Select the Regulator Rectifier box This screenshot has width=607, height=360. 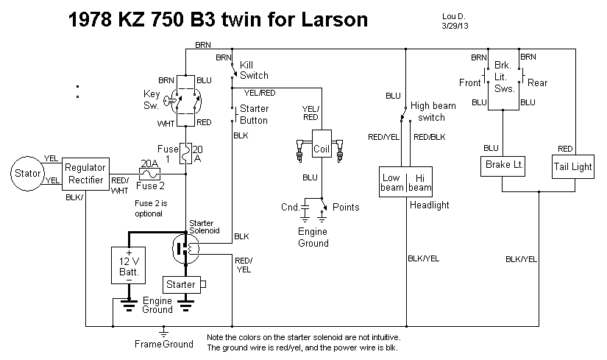(86, 174)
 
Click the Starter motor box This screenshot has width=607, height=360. (181, 284)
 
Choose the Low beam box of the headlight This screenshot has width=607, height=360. (391, 183)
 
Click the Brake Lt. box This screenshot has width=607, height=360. (504, 166)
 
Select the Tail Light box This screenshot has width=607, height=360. (572, 166)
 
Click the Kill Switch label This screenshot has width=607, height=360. (254, 70)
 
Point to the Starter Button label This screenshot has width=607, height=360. (254, 115)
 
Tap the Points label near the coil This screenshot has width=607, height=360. (346, 207)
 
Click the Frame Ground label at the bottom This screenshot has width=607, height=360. (164, 344)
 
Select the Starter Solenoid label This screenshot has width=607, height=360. (202, 227)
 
